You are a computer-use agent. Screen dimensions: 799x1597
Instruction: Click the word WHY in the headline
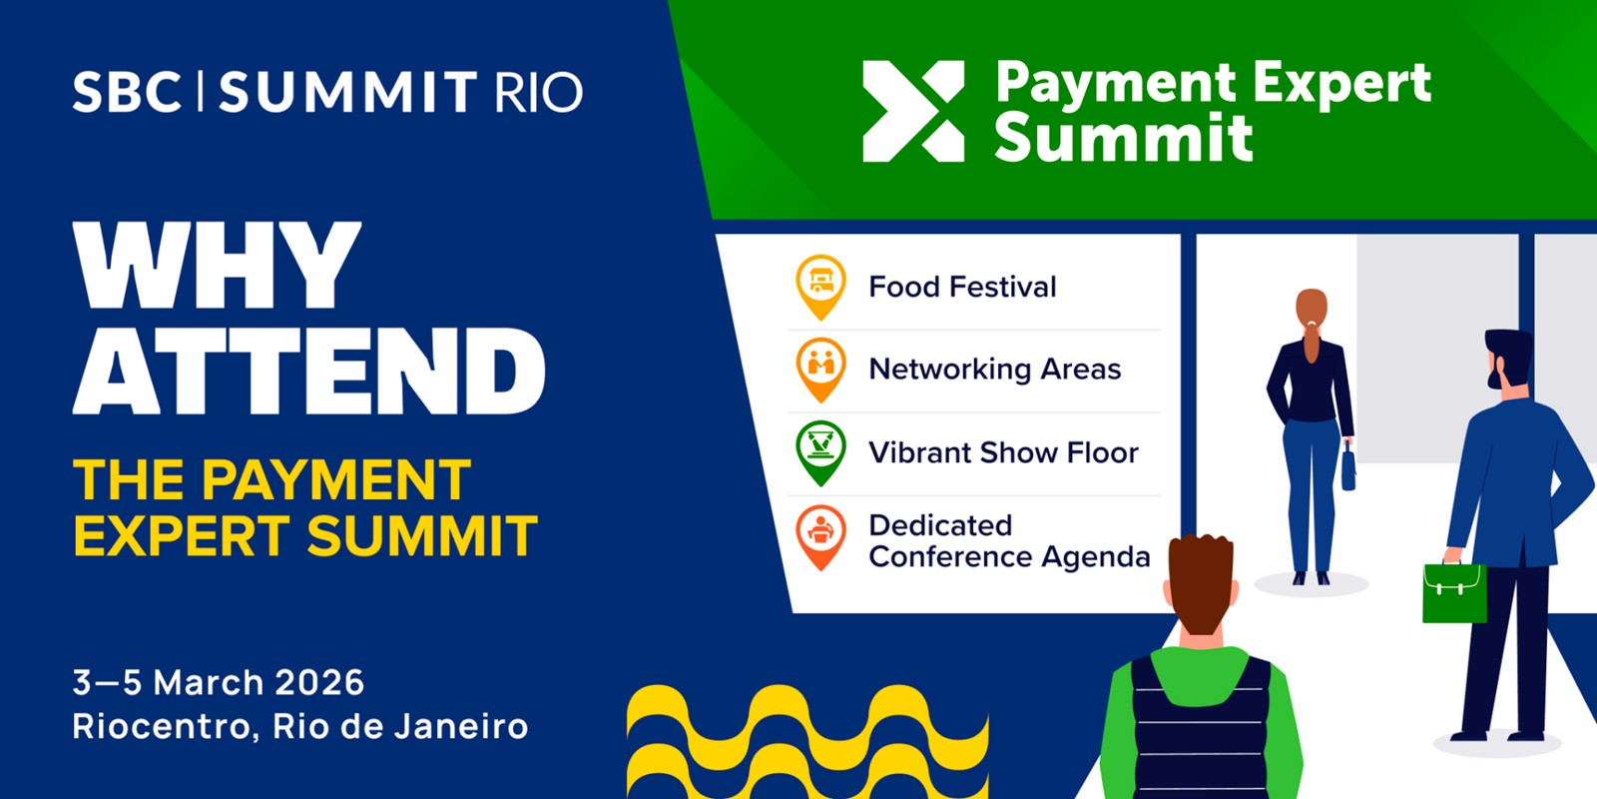(217, 266)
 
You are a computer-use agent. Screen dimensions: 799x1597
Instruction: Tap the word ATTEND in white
(309, 372)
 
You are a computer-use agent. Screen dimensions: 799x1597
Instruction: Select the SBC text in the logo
(126, 92)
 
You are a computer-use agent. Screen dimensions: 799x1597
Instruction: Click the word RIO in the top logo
(539, 93)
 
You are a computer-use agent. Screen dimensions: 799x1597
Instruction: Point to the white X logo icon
(913, 111)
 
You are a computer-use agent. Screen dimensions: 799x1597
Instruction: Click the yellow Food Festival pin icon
(820, 285)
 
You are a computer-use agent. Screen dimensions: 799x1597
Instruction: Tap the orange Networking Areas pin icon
(820, 368)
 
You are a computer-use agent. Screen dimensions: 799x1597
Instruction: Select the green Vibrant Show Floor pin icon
(820, 450)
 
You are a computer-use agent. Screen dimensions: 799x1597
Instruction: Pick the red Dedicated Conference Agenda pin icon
(820, 534)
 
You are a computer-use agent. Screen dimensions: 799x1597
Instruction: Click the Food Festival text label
(962, 288)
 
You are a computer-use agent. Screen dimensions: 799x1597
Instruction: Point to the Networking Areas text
(995, 370)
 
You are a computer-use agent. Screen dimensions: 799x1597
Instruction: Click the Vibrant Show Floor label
(1003, 452)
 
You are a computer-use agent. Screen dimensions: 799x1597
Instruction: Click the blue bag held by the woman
(1347, 468)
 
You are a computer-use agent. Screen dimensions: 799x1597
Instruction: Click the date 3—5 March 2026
(219, 683)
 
